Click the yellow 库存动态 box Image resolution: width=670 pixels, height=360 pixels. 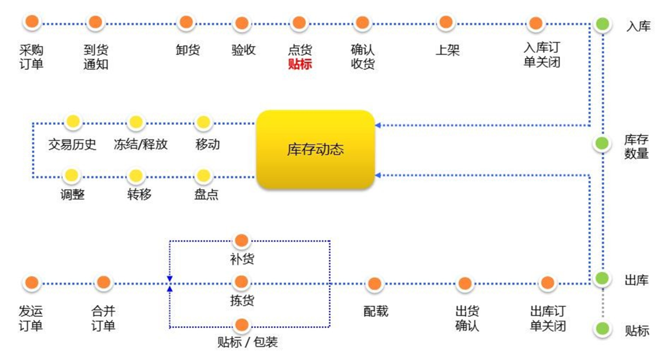315,149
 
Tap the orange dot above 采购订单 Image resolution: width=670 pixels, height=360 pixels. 32,23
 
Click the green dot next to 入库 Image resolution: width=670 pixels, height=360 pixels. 602,24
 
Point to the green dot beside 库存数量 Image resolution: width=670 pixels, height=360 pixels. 602,143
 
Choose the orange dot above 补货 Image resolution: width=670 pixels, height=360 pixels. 241,241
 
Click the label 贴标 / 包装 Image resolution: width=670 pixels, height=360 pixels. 248,343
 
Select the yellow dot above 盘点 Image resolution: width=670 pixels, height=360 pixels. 204,175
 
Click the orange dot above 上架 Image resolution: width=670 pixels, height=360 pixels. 446,23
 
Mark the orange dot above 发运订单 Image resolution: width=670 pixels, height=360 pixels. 32,283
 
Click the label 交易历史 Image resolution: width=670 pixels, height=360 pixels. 72,145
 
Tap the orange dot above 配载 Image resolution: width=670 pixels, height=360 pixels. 375,283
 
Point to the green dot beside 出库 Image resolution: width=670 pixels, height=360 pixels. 602,278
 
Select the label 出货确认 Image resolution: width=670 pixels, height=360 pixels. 467,318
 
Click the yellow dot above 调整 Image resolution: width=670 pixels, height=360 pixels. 72,175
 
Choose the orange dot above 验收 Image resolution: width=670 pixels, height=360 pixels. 242,23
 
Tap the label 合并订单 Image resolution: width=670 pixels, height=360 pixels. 103,318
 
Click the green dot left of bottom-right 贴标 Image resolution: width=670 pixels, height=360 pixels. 602,329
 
